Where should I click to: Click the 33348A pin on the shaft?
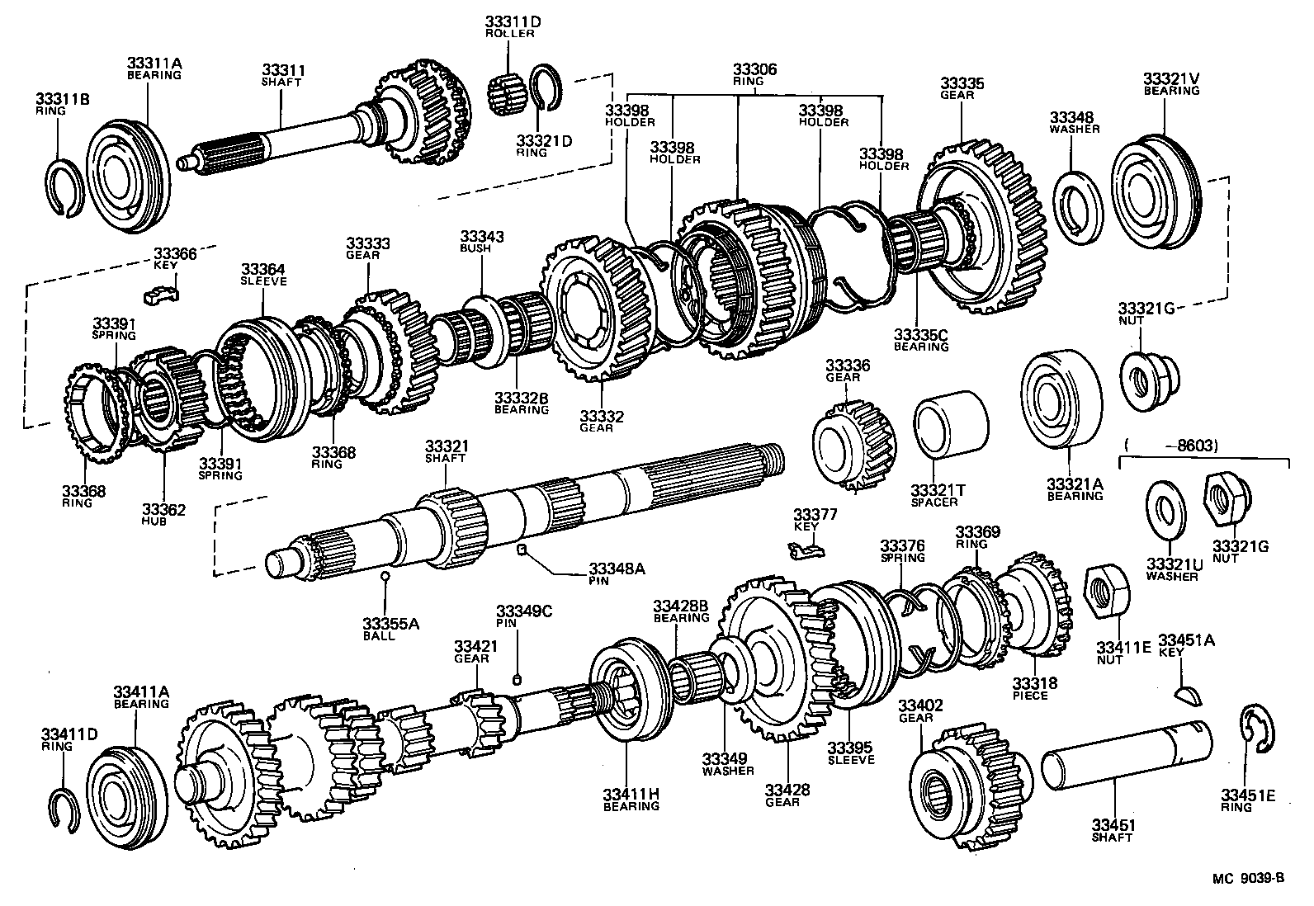click(x=522, y=549)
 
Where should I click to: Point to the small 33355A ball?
click(x=385, y=575)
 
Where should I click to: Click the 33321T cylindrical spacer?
click(x=950, y=425)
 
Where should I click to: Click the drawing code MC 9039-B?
click(x=1247, y=878)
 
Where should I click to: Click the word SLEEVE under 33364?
click(x=263, y=281)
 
